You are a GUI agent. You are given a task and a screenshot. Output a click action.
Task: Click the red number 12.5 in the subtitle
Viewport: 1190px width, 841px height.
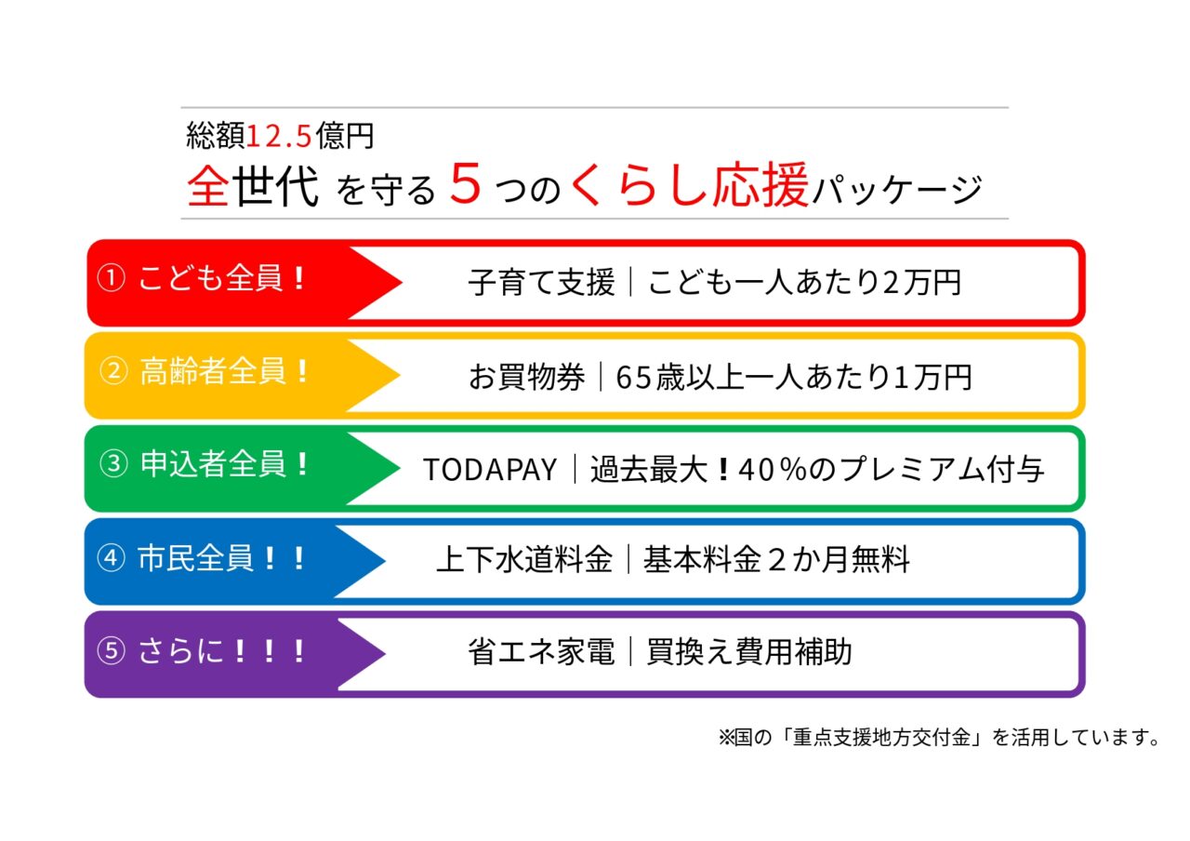(280, 137)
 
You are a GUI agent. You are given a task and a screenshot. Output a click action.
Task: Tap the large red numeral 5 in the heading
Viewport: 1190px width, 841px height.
(465, 184)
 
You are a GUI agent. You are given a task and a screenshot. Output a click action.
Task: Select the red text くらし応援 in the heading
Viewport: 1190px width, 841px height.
(689, 185)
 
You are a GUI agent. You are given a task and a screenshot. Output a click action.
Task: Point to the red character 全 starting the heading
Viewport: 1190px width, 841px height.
(208, 186)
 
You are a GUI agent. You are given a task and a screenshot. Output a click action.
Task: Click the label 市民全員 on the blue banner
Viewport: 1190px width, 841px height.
(195, 559)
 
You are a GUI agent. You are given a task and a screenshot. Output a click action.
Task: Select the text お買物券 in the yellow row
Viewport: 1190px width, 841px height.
(527, 377)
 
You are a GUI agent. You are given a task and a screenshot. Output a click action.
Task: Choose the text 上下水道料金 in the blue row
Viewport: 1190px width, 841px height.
(524, 560)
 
